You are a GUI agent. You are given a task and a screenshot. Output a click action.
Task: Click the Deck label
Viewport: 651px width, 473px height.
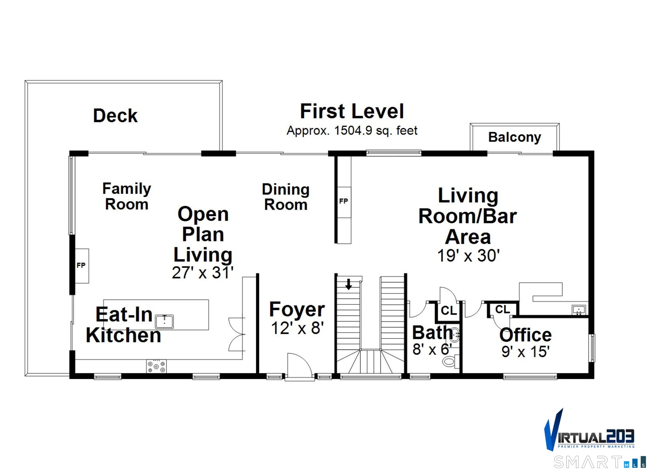click(x=115, y=116)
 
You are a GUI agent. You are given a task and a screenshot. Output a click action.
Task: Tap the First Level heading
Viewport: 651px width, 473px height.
click(x=352, y=111)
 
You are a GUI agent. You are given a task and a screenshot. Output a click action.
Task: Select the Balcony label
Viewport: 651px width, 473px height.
click(x=515, y=137)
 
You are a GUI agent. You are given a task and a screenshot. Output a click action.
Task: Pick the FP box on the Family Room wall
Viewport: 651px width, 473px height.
click(x=82, y=266)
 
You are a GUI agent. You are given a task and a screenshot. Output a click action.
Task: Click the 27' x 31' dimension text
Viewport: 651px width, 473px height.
click(x=203, y=273)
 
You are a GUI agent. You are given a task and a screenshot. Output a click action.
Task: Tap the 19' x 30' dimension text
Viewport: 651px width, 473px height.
click(x=469, y=256)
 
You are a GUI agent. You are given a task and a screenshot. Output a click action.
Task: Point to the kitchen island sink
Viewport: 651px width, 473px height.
click(x=164, y=322)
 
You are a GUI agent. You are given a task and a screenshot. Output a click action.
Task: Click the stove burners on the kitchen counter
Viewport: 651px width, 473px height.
click(x=156, y=367)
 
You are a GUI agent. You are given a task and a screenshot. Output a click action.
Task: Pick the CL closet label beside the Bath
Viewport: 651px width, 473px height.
click(x=449, y=311)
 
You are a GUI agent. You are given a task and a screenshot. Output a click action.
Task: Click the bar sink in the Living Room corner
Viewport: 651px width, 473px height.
click(x=579, y=310)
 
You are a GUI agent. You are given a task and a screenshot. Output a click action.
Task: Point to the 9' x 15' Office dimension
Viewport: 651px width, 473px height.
click(x=526, y=352)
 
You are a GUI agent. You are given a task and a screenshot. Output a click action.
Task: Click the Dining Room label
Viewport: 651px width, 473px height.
click(x=286, y=197)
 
